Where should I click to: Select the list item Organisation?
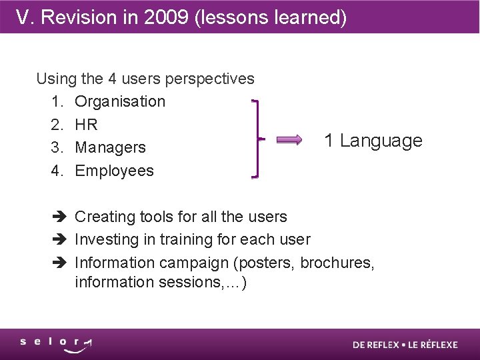[x=120, y=101]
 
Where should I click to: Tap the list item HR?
[x=86, y=125]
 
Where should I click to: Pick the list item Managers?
[x=110, y=147]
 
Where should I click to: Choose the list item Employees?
[x=114, y=171]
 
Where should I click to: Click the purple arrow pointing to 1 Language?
[x=289, y=140]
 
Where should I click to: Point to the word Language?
[x=381, y=141]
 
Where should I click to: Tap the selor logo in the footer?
[x=56, y=344]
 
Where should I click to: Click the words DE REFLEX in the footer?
[x=376, y=345]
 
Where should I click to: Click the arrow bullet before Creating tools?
[x=59, y=217]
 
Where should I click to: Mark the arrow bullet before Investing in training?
[x=59, y=239]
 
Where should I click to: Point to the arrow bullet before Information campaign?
[x=59, y=263]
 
